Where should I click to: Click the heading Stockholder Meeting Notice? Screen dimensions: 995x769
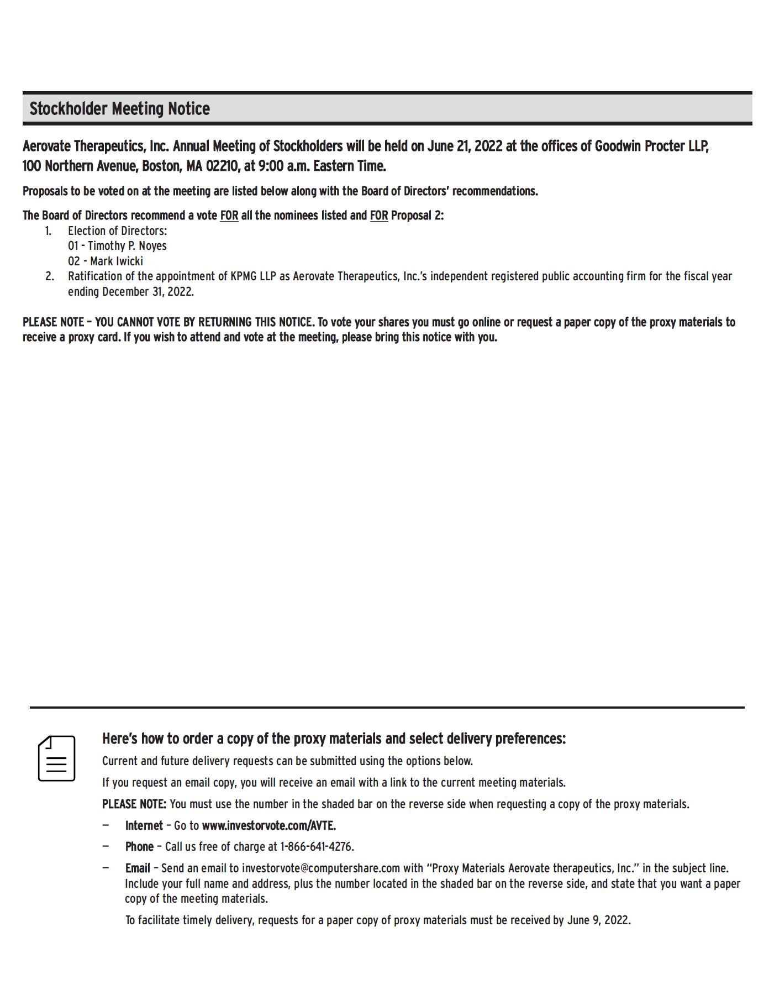pos(119,108)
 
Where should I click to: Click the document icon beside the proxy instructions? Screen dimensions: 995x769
pos(56,758)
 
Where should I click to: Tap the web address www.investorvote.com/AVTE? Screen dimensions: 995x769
pos(268,825)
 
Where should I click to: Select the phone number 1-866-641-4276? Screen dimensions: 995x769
pos(317,846)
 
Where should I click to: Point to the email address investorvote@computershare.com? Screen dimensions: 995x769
pos(320,868)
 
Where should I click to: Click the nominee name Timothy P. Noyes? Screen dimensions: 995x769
pos(127,246)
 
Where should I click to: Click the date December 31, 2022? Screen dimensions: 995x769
pos(148,291)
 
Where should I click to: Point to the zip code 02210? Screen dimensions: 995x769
pos(223,166)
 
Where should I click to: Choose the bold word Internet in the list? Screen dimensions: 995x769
pos(144,825)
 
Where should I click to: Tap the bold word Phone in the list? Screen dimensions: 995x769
pos(139,846)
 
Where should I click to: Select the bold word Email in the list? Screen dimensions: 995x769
pos(138,868)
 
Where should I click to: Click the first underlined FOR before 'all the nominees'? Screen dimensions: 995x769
pos(229,216)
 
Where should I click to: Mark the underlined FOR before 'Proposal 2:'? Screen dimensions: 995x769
pos(379,216)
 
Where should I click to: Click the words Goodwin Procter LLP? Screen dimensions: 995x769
pos(651,146)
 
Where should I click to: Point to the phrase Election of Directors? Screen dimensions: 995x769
pos(117,231)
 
